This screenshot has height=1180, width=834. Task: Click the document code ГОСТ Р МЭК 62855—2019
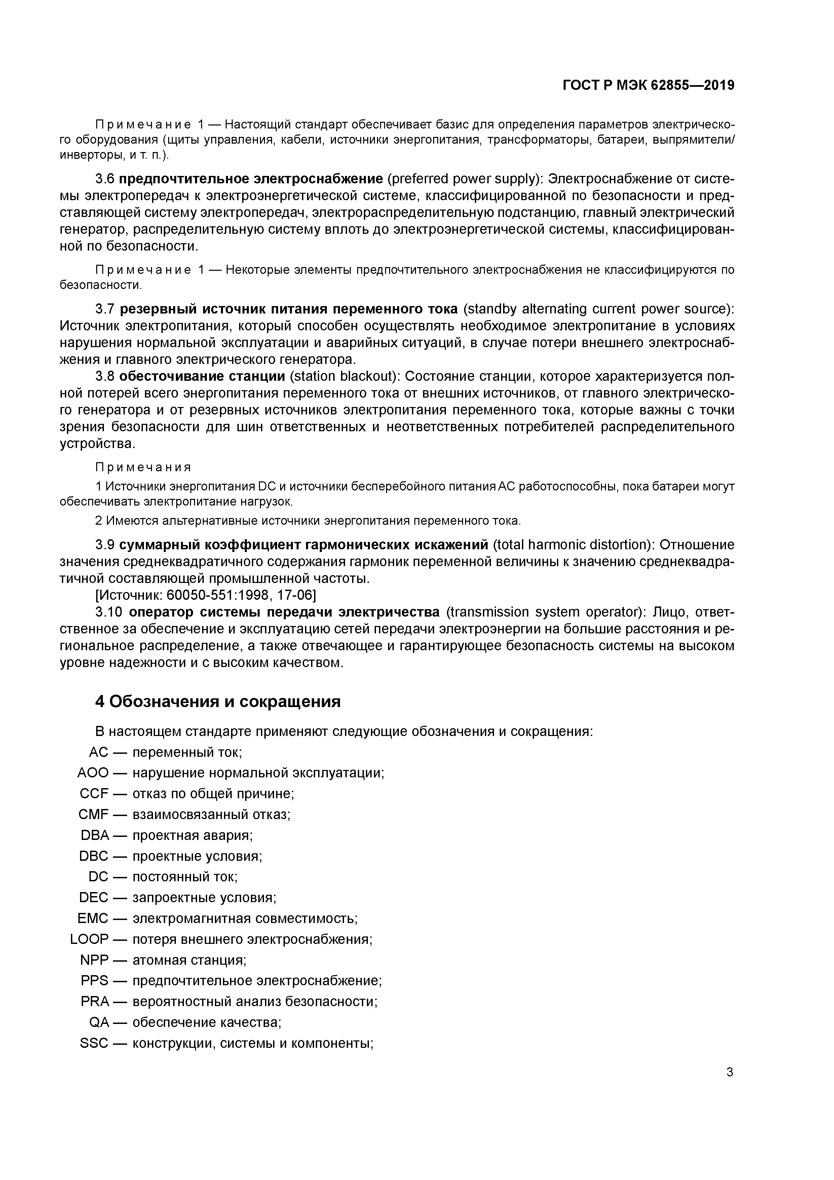[x=648, y=86]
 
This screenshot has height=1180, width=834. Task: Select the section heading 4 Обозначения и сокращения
[x=218, y=702]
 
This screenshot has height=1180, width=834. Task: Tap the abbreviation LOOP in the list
[x=89, y=939]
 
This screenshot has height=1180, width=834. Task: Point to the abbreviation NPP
[x=94, y=960]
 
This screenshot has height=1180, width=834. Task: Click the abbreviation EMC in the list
[x=93, y=918]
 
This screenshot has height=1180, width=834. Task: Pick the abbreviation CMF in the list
[x=93, y=815]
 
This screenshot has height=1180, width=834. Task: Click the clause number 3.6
[x=105, y=179]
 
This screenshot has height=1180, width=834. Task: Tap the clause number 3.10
[x=109, y=612]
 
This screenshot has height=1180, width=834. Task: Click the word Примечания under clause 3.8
[x=143, y=467]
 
